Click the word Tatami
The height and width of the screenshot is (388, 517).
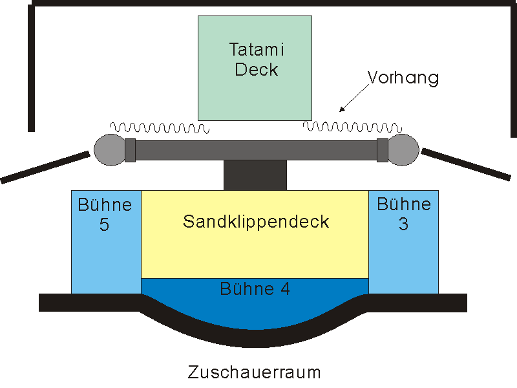pyautogui.click(x=257, y=50)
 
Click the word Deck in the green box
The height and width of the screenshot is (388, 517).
pyautogui.click(x=256, y=70)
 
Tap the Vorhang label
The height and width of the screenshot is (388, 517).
pyautogui.click(x=403, y=78)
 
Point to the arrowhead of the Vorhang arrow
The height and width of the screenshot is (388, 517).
pyautogui.click(x=343, y=109)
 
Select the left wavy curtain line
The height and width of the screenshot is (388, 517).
pyautogui.click(x=160, y=127)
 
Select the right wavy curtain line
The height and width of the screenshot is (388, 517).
pyautogui.click(x=352, y=127)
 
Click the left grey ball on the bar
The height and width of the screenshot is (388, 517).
pyautogui.click(x=110, y=150)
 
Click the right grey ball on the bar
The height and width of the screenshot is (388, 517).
pyautogui.click(x=403, y=150)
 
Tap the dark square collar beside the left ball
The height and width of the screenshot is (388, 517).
pyautogui.click(x=131, y=150)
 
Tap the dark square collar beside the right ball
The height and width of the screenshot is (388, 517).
pyautogui.click(x=383, y=150)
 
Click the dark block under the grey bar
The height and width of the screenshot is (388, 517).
pyautogui.click(x=255, y=175)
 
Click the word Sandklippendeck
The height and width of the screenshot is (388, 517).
pyautogui.click(x=256, y=221)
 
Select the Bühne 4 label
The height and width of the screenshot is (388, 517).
pyautogui.click(x=255, y=288)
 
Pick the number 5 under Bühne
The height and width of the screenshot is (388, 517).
pyautogui.click(x=104, y=224)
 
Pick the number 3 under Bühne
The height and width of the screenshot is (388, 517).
pyautogui.click(x=403, y=224)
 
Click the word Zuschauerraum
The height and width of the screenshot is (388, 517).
pyautogui.click(x=254, y=372)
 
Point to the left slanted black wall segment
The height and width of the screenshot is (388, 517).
pyautogui.click(x=45, y=167)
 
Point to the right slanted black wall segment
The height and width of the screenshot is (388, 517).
pyautogui.click(x=466, y=164)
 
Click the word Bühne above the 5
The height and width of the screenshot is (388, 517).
pyautogui.click(x=105, y=204)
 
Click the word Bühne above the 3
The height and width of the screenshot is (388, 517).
pyautogui.click(x=404, y=204)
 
